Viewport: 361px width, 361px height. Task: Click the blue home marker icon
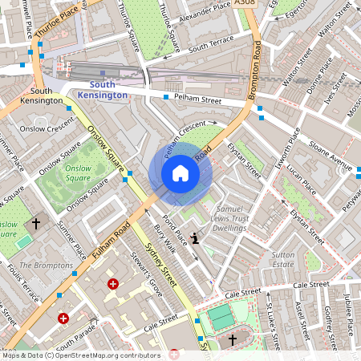coord(180,173)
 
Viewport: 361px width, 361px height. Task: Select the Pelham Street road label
coord(199,100)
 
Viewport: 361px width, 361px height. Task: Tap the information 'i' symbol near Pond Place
coord(196,238)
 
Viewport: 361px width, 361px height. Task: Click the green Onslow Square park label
coord(78,173)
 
